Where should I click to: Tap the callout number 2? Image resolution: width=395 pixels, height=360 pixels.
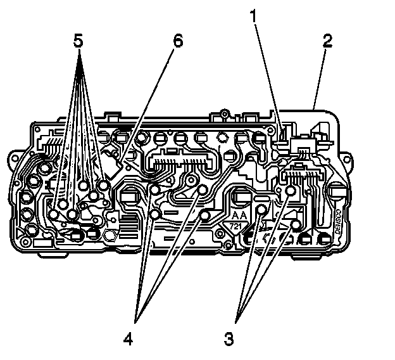(x=327, y=42)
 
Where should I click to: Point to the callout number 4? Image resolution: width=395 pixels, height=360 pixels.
(x=129, y=337)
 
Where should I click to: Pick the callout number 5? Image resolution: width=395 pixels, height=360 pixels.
(x=78, y=41)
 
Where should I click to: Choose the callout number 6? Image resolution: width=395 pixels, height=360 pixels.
(x=177, y=41)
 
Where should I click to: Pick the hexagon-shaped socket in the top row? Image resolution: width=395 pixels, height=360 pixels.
(x=222, y=136)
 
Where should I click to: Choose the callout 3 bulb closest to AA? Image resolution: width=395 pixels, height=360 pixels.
(x=261, y=207)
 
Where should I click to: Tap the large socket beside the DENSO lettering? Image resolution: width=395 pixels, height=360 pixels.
(x=336, y=194)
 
